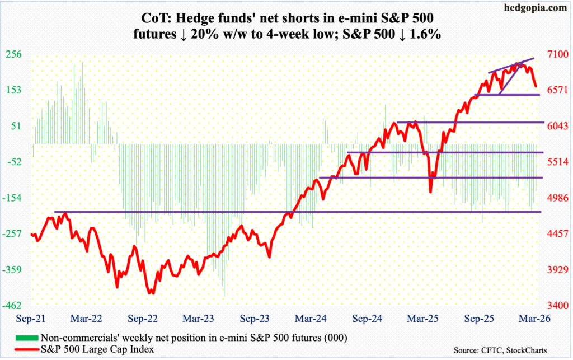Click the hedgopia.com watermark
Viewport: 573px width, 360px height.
coord(541,8)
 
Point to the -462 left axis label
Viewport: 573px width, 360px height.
coord(13,306)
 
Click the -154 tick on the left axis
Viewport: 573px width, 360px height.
coord(13,198)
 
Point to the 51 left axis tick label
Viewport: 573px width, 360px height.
coord(17,126)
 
